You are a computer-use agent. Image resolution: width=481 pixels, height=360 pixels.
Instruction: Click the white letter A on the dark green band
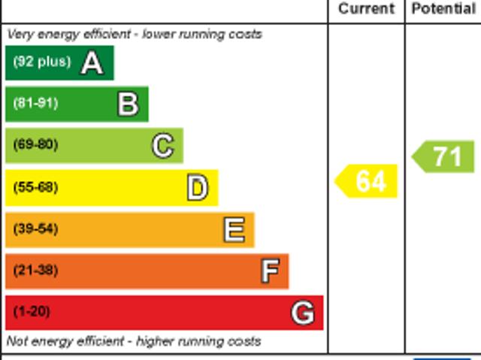tap(92, 63)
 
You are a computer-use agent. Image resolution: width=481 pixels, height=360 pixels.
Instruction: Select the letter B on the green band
tap(128, 104)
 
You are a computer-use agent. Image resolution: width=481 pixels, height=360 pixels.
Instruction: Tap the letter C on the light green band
tap(162, 146)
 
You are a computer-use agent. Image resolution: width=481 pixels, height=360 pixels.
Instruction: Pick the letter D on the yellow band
tap(197, 188)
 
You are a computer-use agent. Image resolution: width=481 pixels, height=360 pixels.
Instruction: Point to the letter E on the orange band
tap(234, 230)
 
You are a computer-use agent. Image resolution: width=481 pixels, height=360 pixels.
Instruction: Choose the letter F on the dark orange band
tap(269, 271)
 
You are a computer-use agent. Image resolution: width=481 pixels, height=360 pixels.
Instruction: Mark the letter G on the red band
tap(303, 313)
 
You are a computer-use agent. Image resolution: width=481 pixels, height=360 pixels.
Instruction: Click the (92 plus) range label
tap(41, 62)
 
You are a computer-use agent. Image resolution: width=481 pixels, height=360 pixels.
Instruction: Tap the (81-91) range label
tap(35, 104)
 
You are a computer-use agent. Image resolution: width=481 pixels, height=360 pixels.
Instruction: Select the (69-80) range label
tap(35, 145)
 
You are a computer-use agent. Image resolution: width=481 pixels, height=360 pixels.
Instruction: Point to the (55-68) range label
tap(35, 187)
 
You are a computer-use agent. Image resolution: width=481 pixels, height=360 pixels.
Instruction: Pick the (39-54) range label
tap(35, 228)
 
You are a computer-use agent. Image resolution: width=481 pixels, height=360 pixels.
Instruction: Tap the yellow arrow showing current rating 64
tap(367, 182)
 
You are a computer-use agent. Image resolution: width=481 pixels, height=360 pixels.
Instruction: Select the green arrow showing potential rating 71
tap(444, 156)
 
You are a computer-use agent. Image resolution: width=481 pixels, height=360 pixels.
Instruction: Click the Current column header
tap(366, 9)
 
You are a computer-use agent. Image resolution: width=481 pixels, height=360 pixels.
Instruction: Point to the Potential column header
tap(443, 9)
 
